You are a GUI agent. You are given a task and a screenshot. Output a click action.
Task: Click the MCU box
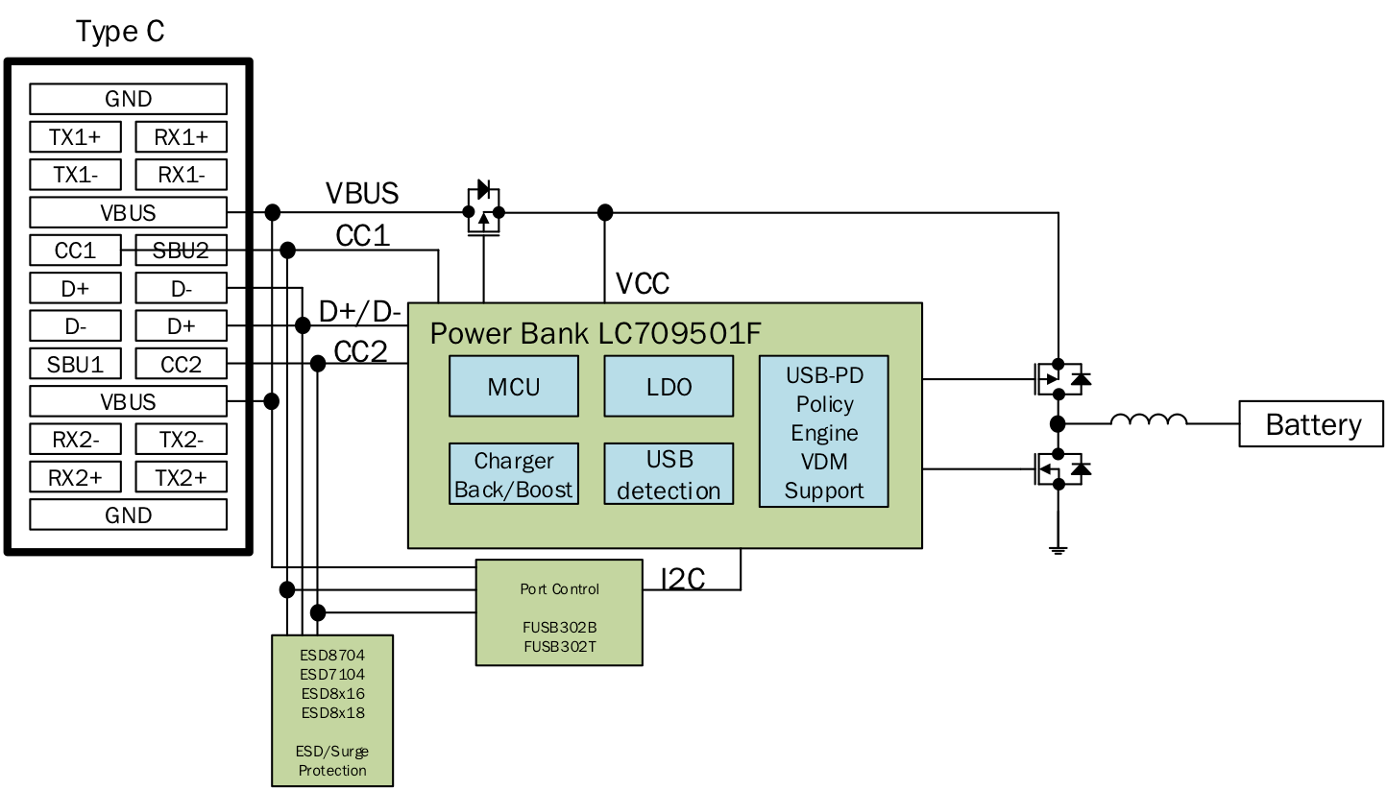click(x=514, y=386)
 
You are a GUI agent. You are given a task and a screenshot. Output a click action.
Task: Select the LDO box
click(x=669, y=386)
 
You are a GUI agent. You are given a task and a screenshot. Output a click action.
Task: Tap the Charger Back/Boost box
click(x=514, y=474)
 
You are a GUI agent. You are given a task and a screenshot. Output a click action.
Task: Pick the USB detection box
click(x=669, y=474)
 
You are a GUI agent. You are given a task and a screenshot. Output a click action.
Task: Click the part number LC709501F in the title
click(x=679, y=333)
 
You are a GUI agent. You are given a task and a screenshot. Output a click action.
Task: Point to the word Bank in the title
click(x=554, y=333)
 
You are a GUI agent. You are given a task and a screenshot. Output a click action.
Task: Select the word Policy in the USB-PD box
click(x=824, y=404)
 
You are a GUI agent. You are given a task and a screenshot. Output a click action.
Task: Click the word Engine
click(x=824, y=433)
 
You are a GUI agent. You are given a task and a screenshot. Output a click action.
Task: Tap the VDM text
click(x=824, y=462)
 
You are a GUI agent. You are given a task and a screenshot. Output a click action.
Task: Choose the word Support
click(x=824, y=491)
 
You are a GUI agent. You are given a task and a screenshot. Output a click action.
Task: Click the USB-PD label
click(x=824, y=375)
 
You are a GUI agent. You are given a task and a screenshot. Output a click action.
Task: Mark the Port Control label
click(x=559, y=589)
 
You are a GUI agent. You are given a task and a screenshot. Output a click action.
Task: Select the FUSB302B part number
click(x=559, y=628)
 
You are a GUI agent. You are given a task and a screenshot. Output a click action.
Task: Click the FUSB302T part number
click(x=559, y=647)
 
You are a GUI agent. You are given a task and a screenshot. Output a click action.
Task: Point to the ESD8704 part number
click(x=332, y=656)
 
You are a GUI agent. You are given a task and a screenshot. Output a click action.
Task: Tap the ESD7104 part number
click(x=332, y=675)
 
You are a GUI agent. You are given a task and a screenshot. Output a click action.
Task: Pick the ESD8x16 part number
click(x=332, y=694)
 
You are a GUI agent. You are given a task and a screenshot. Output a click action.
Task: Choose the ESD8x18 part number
click(x=332, y=713)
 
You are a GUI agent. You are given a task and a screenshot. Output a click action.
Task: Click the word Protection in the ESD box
click(x=332, y=771)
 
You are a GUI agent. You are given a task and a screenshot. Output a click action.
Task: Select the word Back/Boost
click(x=514, y=490)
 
